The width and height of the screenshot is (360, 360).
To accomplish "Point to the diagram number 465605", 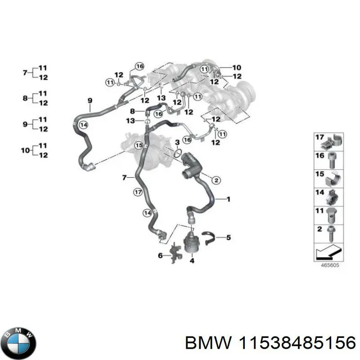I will click(x=330, y=265).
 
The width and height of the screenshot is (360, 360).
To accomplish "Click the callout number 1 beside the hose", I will click(x=228, y=198).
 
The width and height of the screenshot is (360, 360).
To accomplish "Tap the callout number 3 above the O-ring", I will click(x=177, y=143).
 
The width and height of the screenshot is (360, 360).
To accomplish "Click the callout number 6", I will click(x=160, y=256).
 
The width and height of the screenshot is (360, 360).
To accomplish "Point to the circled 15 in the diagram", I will click(x=139, y=145).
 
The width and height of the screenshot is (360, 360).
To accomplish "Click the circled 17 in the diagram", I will click(x=138, y=193).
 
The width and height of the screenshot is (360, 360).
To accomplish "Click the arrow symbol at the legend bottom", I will click(x=329, y=252).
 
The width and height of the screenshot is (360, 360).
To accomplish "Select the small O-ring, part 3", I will click(x=178, y=154).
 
